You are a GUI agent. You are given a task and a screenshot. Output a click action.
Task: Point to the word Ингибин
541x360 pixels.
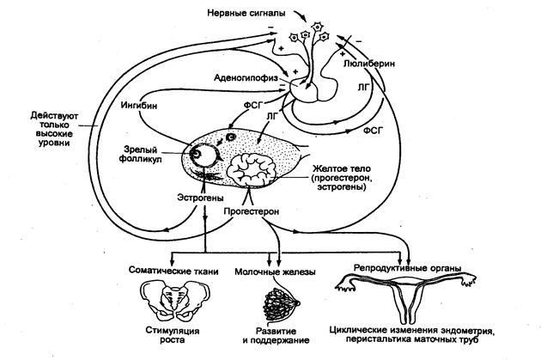pos(138,106)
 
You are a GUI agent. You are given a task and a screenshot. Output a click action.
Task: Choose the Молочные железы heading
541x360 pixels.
pos(280,272)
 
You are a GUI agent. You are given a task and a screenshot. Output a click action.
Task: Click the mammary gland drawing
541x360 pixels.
pos(280,301)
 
